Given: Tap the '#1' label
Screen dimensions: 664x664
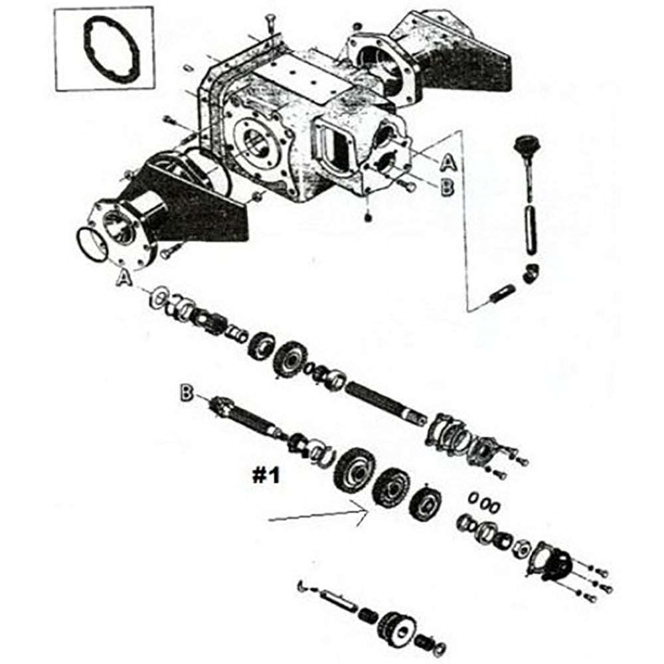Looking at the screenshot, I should (x=266, y=475).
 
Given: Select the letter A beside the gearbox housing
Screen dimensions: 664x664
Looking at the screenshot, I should (x=448, y=161).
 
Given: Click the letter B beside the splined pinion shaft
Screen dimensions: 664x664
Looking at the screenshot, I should (x=186, y=394).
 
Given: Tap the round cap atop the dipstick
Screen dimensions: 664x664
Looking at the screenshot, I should (x=529, y=143).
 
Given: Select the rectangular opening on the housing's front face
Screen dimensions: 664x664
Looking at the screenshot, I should (x=336, y=147).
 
